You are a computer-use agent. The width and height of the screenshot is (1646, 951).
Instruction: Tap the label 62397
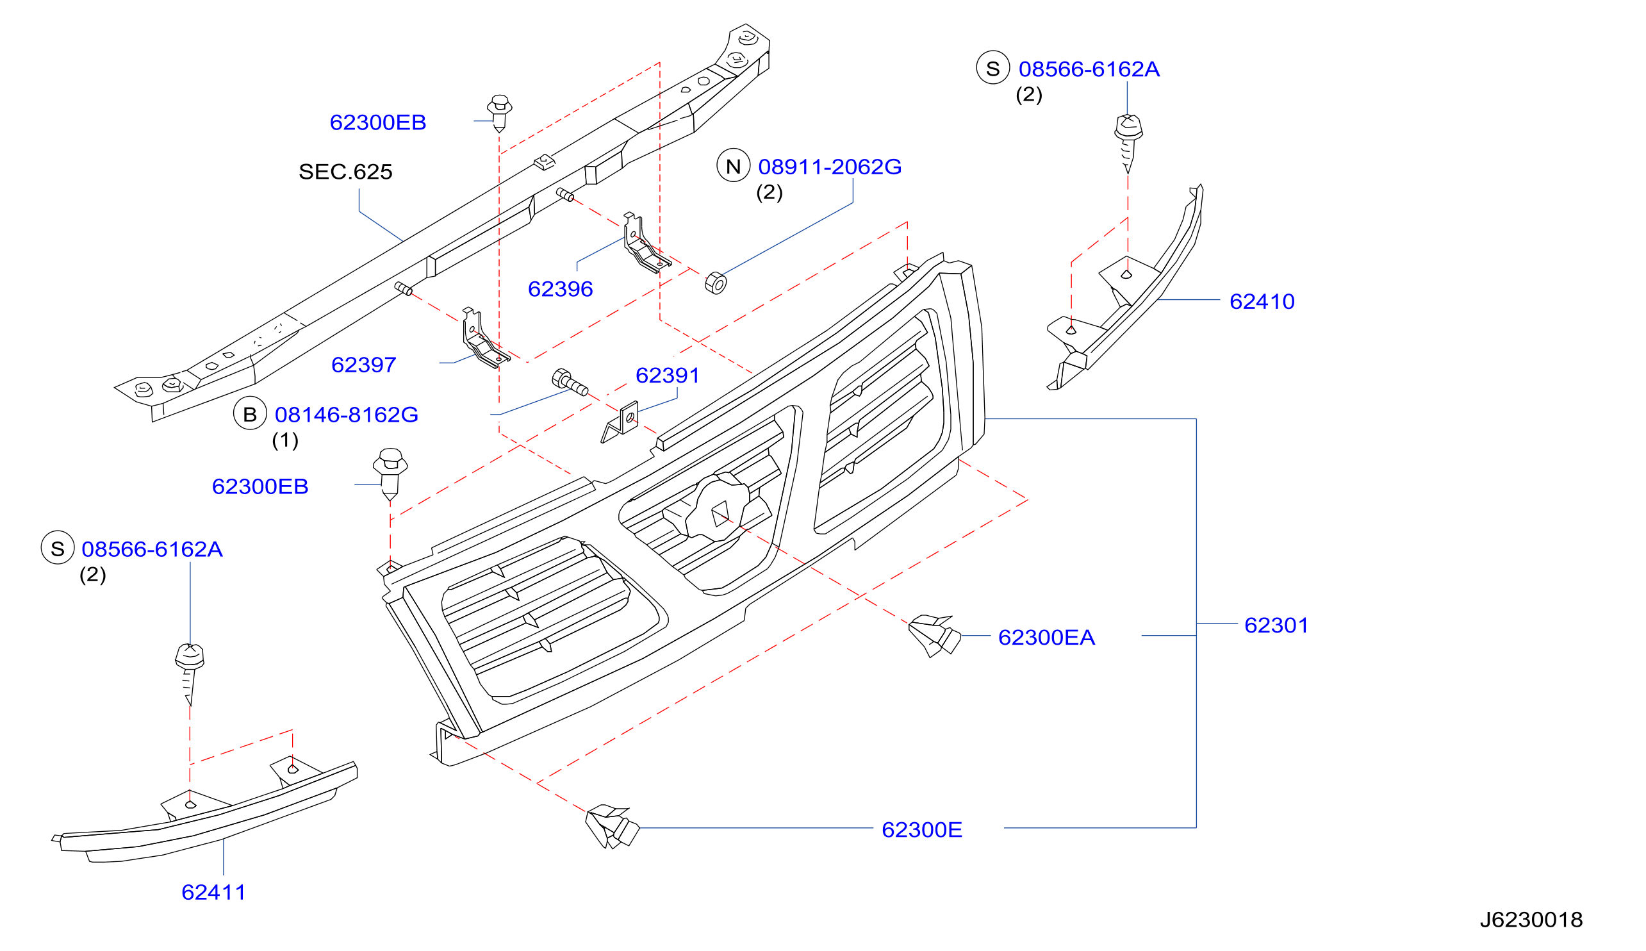click(363, 365)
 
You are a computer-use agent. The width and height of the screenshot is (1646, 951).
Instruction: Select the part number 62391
click(666, 375)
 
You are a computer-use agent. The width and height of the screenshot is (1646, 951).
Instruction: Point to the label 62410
click(1262, 301)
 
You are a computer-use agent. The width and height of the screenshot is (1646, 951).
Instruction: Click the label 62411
click(213, 892)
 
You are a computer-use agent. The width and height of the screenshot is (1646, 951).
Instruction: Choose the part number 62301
click(1276, 625)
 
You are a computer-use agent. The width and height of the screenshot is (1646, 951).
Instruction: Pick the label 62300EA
click(1046, 638)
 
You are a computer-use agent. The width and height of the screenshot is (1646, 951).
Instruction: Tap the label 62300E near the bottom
click(921, 829)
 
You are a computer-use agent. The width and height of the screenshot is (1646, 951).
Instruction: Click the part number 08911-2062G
click(829, 167)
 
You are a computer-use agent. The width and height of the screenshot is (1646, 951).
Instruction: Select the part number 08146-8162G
click(346, 414)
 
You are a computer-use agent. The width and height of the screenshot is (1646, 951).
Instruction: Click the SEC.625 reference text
click(345, 171)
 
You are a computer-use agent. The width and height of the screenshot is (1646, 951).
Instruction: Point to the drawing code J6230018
click(1531, 920)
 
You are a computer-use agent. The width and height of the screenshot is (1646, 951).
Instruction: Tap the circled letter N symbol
click(732, 165)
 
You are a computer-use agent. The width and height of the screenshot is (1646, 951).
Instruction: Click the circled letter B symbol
click(249, 413)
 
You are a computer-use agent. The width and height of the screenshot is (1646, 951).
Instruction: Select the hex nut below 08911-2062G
click(716, 283)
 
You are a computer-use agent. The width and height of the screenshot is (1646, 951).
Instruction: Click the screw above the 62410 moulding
click(1128, 142)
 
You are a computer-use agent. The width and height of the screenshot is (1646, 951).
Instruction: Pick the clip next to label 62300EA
click(934, 635)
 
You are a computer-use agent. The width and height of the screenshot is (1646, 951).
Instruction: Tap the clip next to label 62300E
click(612, 826)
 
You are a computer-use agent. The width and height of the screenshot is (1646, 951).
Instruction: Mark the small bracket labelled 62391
click(620, 422)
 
